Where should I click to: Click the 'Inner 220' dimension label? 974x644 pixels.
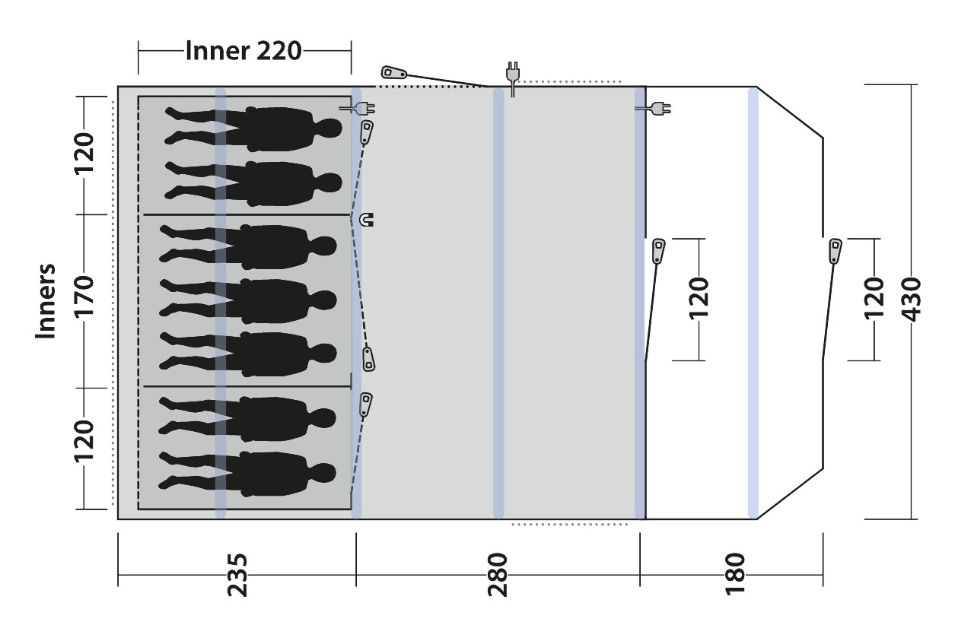pyautogui.click(x=243, y=51)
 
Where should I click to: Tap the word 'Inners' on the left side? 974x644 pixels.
pyautogui.click(x=46, y=300)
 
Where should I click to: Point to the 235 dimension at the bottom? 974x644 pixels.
pyautogui.click(x=237, y=575)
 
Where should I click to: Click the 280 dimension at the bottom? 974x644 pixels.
pyautogui.click(x=498, y=575)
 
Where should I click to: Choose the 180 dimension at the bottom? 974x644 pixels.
pyautogui.click(x=735, y=573)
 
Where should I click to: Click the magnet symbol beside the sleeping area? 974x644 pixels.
pyautogui.click(x=367, y=220)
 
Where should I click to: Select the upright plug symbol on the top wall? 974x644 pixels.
pyautogui.click(x=513, y=78)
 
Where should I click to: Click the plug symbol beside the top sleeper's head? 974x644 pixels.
pyautogui.click(x=358, y=108)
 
